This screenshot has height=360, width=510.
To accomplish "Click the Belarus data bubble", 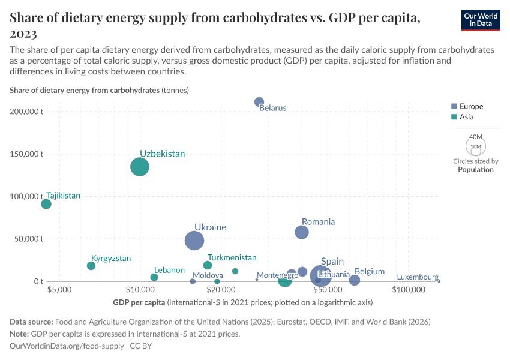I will coord(259,102).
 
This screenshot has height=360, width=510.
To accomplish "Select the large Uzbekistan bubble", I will coord(140,167).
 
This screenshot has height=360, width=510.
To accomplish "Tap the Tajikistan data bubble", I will coord(46,204).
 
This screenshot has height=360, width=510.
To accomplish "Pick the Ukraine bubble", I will coord(194,241).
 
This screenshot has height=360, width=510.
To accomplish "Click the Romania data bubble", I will coord(302,232).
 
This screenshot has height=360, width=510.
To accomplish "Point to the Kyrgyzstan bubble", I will coord(91,266).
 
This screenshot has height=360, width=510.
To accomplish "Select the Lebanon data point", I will coord(154,277).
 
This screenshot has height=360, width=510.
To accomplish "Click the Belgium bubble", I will coord(355,280).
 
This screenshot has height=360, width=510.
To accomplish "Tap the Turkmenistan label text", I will coord(232,257).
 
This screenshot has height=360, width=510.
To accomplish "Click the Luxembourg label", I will coord(418,277).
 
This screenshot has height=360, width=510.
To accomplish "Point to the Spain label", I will coord(332,262).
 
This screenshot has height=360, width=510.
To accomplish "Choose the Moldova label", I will coord(208,275).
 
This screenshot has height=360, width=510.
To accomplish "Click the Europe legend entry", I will coord(470,106).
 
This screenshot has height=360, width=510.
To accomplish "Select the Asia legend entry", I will coord(466,117).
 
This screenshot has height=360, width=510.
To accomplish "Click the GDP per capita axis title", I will coord(139,302).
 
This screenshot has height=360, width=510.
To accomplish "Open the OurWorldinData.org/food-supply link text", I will coord(67,346).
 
